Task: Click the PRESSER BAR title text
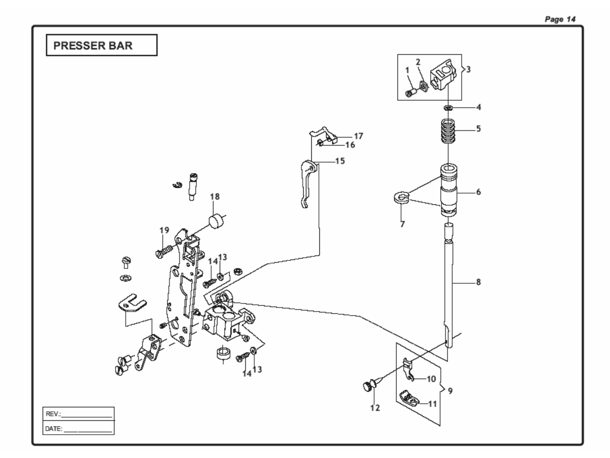[93, 45]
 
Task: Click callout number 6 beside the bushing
[479, 192]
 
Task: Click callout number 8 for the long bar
[479, 282]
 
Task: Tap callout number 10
[431, 379]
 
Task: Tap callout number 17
[358, 136]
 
